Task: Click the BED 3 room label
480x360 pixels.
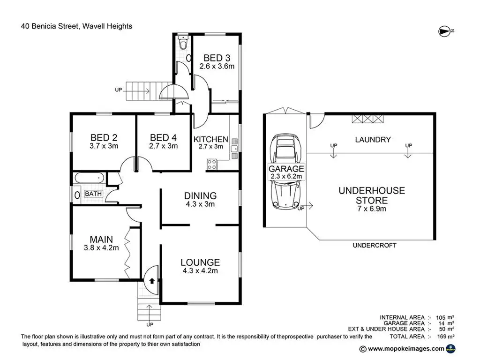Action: [x=217, y=58]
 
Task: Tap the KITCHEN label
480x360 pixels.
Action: [x=211, y=139]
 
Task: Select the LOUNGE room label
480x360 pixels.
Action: [x=200, y=262]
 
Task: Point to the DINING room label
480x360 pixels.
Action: [x=200, y=195]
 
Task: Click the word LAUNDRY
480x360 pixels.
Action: [x=373, y=139]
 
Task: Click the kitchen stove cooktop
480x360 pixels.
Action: [x=212, y=164]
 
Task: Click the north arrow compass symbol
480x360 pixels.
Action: [x=444, y=31]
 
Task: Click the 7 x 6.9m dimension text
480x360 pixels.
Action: [x=372, y=209]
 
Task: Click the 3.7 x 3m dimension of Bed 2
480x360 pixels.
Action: [x=104, y=146]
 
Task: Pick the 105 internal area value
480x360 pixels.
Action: [x=441, y=317]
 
